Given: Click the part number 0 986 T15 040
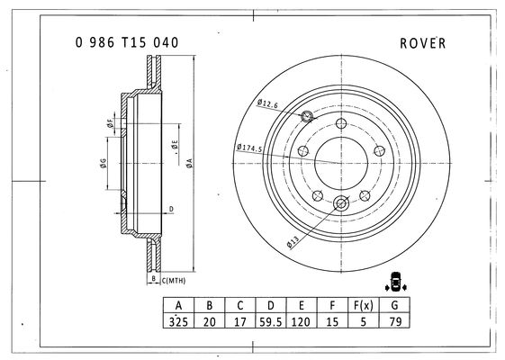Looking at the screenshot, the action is (x=127, y=42).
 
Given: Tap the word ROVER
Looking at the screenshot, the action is (x=423, y=43).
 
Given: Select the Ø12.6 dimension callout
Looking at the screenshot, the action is (x=267, y=103).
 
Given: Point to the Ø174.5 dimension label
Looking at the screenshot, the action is (x=249, y=148).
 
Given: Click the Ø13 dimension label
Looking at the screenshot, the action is (x=293, y=242).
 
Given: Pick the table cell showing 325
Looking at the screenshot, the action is (x=178, y=321).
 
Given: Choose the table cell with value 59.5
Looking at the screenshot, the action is (x=271, y=321).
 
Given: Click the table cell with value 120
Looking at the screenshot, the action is (x=302, y=321).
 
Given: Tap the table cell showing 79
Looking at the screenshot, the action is (x=395, y=321).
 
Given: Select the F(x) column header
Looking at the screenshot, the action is (x=364, y=305).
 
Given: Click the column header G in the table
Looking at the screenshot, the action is (x=395, y=305).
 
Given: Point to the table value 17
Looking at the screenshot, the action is (x=240, y=321).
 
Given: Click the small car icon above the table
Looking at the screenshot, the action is (x=395, y=282).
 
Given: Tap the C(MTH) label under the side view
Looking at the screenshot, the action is (x=174, y=281).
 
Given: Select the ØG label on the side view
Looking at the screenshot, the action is (x=103, y=164).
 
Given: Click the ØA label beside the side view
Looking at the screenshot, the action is (x=189, y=163).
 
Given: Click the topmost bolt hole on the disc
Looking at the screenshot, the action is (x=341, y=123).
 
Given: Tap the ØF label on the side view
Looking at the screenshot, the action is (x=110, y=123).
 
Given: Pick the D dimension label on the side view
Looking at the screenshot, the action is (x=171, y=210).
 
